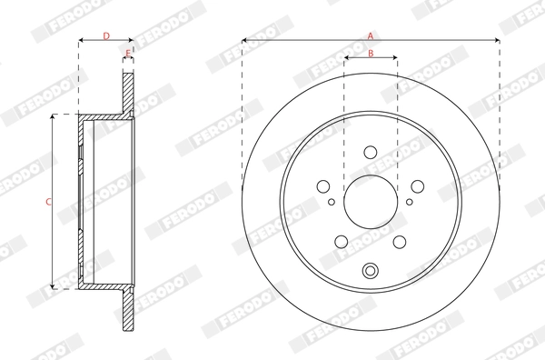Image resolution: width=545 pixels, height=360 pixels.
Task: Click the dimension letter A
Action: (x=371, y=35)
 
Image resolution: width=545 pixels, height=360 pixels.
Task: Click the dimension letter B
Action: (x=371, y=54)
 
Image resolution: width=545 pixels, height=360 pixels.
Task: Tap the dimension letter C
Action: (x=47, y=201)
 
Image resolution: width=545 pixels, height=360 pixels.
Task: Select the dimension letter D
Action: (x=105, y=35)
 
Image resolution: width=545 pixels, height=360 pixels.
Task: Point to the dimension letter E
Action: (x=128, y=54)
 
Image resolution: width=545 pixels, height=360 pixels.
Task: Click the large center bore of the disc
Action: (x=371, y=200)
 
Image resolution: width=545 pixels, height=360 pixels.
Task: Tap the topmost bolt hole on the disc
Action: (x=371, y=154)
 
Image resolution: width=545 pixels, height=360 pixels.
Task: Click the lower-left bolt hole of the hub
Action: (x=342, y=242)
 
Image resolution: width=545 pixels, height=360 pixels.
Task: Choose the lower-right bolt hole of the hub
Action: (x=399, y=242)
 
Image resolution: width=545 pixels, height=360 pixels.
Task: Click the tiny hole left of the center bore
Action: (x=332, y=202)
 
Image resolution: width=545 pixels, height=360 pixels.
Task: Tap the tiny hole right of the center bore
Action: (x=409, y=202)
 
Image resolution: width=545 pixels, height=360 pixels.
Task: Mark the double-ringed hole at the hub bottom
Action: (x=371, y=271)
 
